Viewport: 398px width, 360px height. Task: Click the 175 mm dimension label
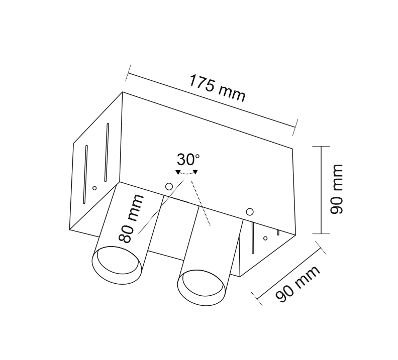point(217,88)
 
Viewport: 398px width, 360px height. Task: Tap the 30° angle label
point(188,160)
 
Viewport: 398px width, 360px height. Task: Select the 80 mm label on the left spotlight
point(131,218)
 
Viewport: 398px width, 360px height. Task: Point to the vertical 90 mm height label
point(336,189)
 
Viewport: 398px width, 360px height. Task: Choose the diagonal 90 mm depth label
point(298,284)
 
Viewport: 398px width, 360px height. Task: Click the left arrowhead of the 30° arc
point(178,172)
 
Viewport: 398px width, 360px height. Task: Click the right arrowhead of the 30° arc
point(195,172)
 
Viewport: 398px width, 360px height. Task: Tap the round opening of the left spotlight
point(117,265)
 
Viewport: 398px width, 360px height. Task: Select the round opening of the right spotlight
point(202,287)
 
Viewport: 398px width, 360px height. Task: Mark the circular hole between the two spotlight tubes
point(169,187)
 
